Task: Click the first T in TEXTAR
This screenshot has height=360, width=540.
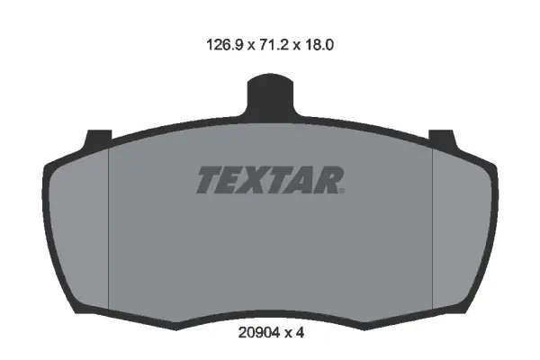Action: click(209, 180)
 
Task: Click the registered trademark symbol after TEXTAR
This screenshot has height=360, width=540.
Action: click(342, 190)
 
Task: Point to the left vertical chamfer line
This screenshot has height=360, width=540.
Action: click(108, 225)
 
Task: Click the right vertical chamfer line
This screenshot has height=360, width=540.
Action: click(434, 225)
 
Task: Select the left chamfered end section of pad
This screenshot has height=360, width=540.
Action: click(79, 225)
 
